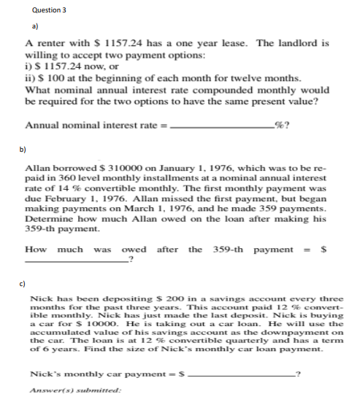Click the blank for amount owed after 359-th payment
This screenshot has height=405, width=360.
[77, 258]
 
